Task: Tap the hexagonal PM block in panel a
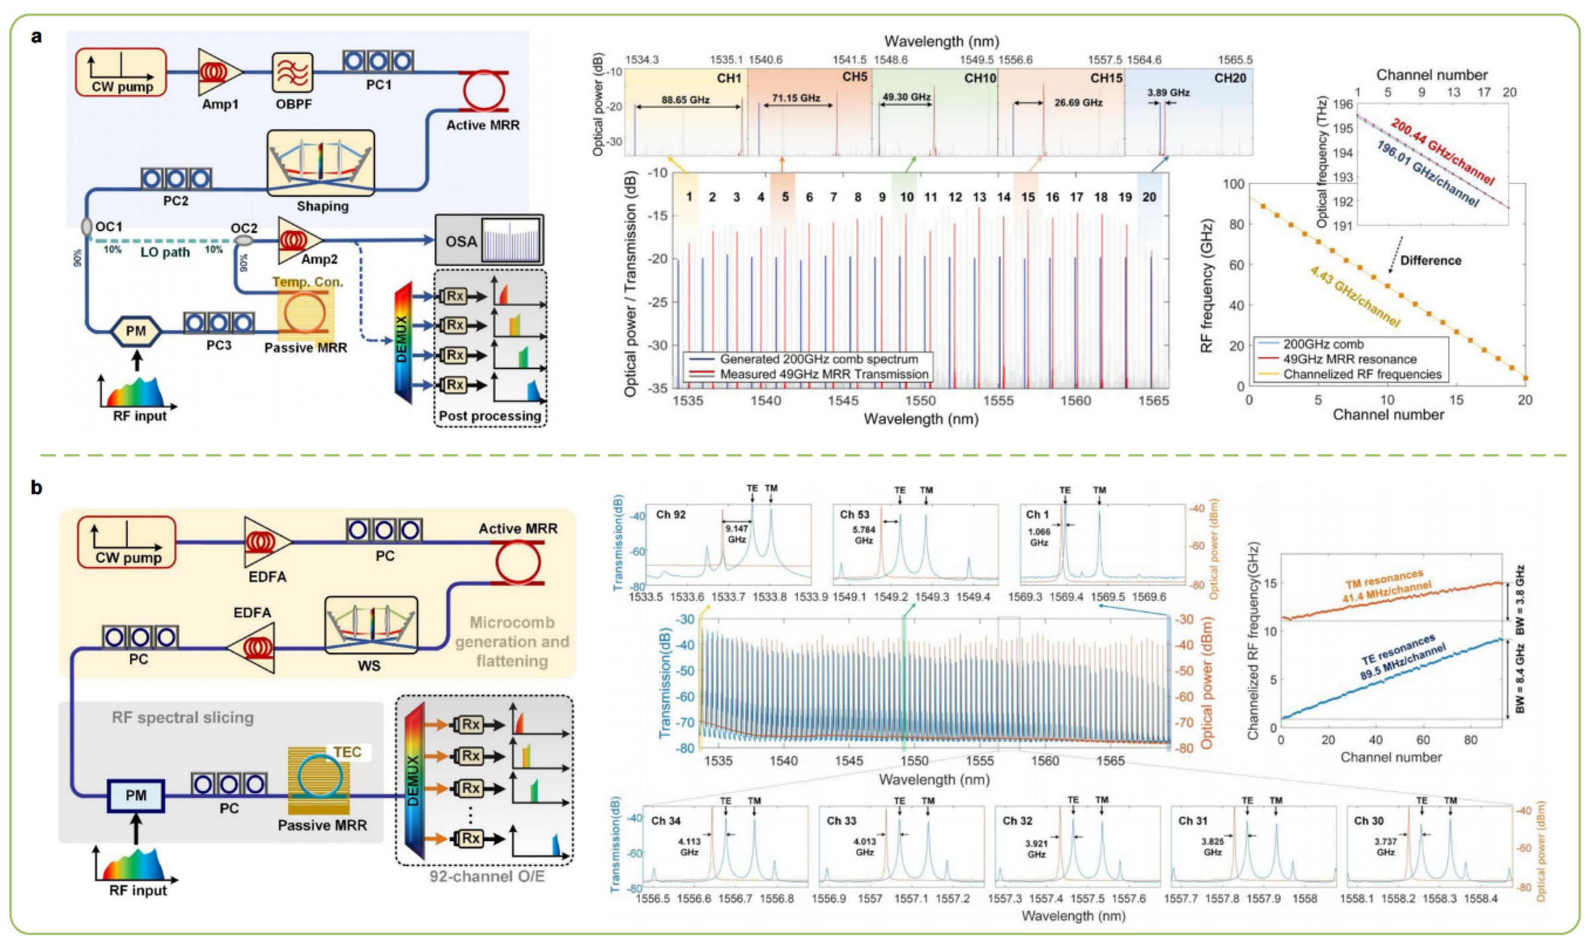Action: [x=136, y=331]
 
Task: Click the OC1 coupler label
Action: [x=108, y=227]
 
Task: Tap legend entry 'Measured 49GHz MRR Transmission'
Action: [x=824, y=374]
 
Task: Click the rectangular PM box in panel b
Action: [x=136, y=795]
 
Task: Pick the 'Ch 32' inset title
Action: [x=1017, y=821]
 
